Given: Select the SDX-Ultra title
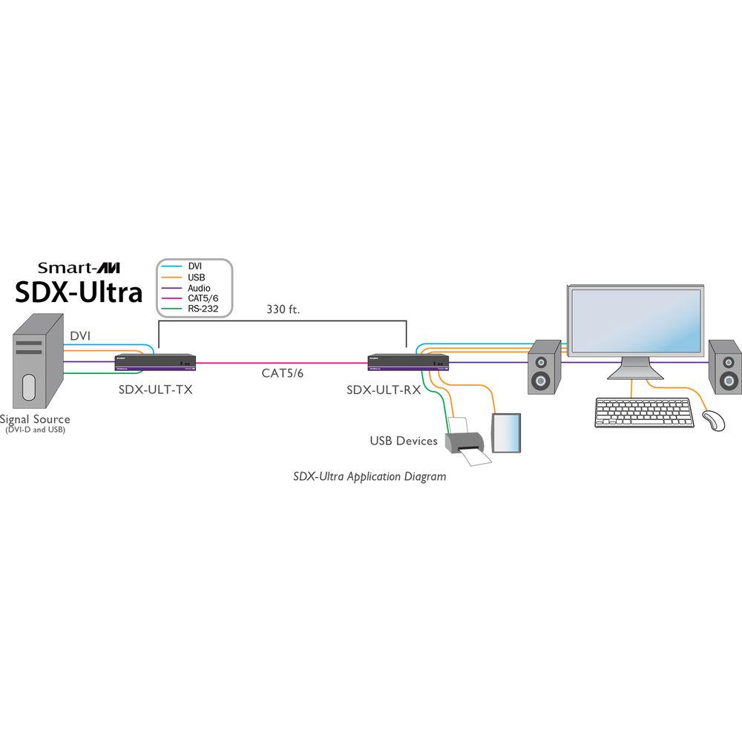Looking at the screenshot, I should [79, 292].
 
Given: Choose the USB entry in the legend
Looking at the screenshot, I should [197, 276].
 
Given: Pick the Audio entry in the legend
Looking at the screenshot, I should [199, 288].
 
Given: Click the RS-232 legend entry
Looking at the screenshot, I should [202, 311].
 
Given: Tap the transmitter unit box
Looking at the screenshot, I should [156, 363].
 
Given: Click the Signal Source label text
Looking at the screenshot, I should [35, 419].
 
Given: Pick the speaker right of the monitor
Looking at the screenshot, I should [724, 367].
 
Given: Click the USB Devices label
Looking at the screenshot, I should [404, 441].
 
